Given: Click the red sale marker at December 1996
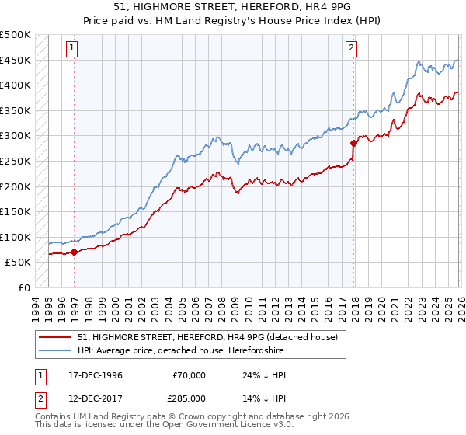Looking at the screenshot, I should (75, 252).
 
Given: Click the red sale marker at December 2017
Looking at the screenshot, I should (354, 143).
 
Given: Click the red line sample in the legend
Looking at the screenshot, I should (55, 337).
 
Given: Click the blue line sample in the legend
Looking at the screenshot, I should (55, 350).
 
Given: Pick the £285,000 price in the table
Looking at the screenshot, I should (190, 398).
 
